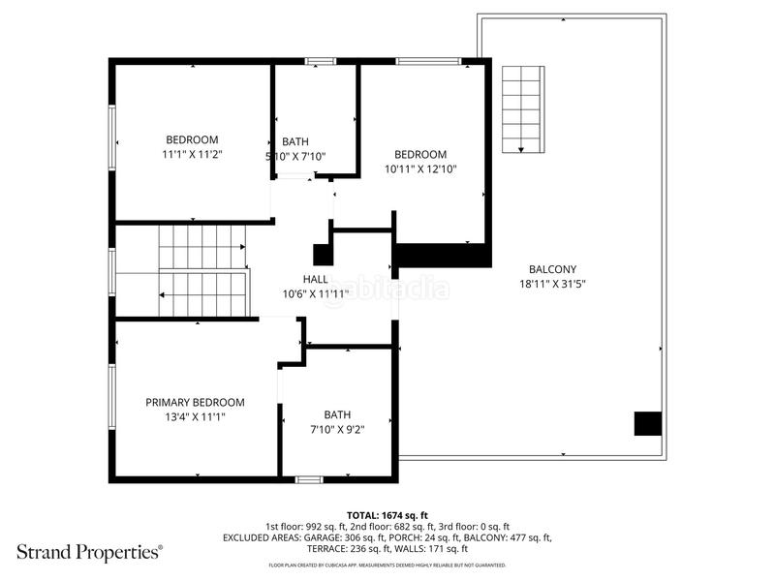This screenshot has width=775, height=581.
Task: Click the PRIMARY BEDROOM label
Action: tap(195, 403)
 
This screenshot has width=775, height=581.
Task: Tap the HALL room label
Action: tap(316, 279)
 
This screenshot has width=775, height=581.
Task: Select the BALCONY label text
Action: tap(552, 269)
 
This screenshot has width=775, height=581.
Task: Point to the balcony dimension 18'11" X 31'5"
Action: tap(552, 284)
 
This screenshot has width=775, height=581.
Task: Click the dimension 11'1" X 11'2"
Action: tap(192, 154)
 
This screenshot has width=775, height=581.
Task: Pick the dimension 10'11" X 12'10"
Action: tap(420, 168)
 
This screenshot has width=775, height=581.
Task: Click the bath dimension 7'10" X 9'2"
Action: tap(337, 430)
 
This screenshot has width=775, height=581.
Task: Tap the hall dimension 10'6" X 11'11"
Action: tap(316, 294)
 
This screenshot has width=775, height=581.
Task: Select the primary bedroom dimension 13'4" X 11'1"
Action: tap(195, 417)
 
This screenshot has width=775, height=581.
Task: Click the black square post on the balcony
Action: tap(648, 423)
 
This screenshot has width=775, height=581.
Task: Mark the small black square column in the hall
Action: tap(324, 255)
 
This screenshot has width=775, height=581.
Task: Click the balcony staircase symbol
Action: tap(523, 109)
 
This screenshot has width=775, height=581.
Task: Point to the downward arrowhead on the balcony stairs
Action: tap(521, 150)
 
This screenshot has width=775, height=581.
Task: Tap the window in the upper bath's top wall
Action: tap(321, 61)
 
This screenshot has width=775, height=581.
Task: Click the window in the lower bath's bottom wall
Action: tap(309, 479)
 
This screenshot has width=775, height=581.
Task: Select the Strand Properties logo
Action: tap(89, 552)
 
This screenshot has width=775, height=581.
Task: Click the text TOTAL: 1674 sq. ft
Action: tap(387, 516)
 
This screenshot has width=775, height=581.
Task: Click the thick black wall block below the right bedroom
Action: tap(444, 256)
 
